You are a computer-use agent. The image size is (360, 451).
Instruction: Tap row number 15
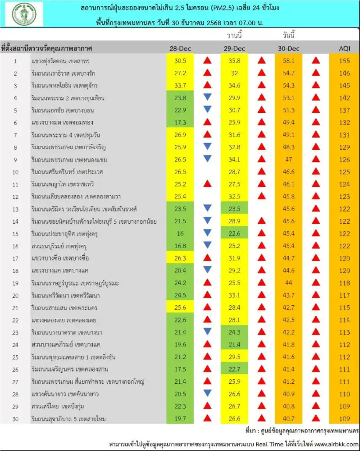pyautogui.click(x=15, y=234)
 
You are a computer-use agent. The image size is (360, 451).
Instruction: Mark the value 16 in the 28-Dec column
pyautogui.click(x=180, y=234)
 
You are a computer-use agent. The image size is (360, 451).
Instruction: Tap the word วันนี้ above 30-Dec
pyautogui.click(x=288, y=35)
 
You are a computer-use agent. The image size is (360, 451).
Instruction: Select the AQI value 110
pyautogui.click(x=345, y=394)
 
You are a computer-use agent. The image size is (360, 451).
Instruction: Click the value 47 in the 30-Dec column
pyautogui.click(x=288, y=159)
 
